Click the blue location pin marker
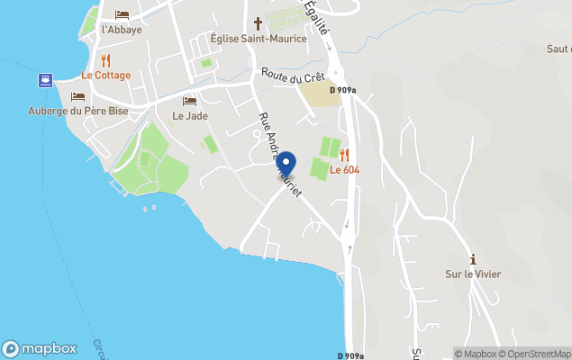pyautogui.click(x=286, y=165)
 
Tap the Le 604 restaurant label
pyautogui.click(x=345, y=169)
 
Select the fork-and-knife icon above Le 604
pyautogui.click(x=344, y=155)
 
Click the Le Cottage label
pyautogui.click(x=106, y=75)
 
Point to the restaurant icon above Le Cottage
pyautogui.click(x=106, y=60)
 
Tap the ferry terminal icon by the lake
pyautogui.click(x=44, y=80)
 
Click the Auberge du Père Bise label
pyautogui.click(x=77, y=111)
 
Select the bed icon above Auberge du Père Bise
pyautogui.click(x=77, y=96)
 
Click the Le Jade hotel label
pyautogui.click(x=189, y=115)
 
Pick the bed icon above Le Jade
pyautogui.click(x=189, y=101)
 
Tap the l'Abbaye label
pyautogui.click(x=122, y=29)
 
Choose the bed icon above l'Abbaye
pyautogui.click(x=122, y=15)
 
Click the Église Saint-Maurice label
pyautogui.click(x=259, y=38)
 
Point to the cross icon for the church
pyautogui.click(x=258, y=23)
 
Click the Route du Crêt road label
pyautogui.click(x=293, y=76)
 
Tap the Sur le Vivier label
pyautogui.click(x=473, y=274)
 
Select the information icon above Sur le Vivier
pyautogui.click(x=473, y=259)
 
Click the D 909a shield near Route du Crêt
pyautogui.click(x=342, y=90)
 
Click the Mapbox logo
pyautogui.click(x=39, y=348)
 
